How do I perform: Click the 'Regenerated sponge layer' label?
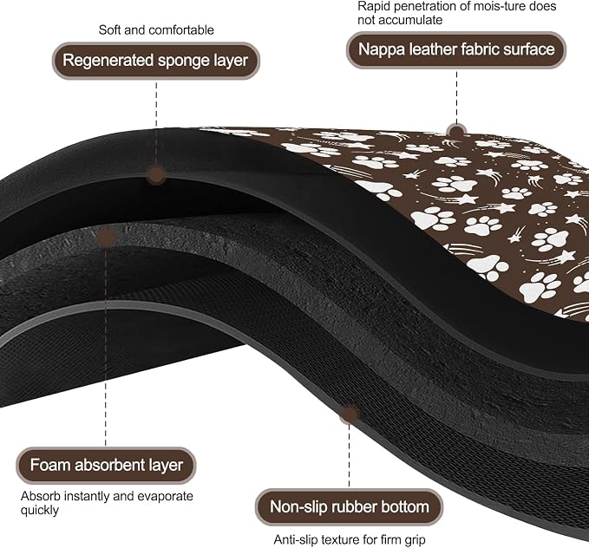pos(155,61)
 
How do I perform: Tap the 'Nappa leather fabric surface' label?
pos(456,49)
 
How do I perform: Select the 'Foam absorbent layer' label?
pos(106,465)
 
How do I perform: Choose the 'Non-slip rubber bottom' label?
pos(349,507)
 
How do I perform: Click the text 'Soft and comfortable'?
pos(156,30)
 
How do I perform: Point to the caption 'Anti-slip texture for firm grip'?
pos(350,539)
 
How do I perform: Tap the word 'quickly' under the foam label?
pos(39,511)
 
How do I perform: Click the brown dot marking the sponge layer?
pos(156,175)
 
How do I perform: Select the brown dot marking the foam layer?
pos(106,238)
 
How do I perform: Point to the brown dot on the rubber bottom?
pos(349,414)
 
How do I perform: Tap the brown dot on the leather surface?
pos(456,133)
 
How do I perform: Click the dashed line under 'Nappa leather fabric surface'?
pos(456,97)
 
